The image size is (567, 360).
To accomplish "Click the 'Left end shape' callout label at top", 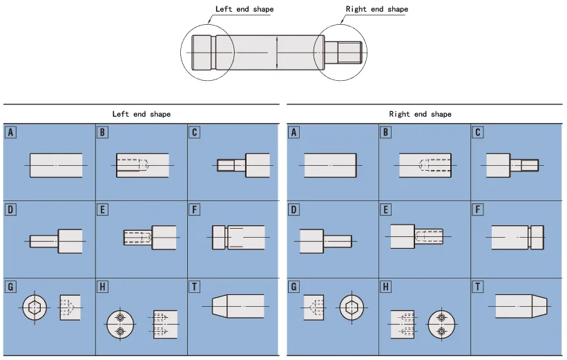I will pyautogui.click(x=244, y=9).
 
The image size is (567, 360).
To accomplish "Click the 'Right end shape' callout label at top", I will pyautogui.click(x=376, y=9).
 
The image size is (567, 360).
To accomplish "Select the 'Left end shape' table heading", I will pyautogui.click(x=142, y=114).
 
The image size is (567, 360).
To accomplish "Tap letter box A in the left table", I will pyautogui.click(x=10, y=132).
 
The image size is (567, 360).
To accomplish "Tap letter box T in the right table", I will pyautogui.click(x=478, y=285).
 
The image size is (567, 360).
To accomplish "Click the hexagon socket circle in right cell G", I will pyautogui.click(x=351, y=306).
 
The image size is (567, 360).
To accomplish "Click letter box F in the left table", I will pyautogui.click(x=195, y=209).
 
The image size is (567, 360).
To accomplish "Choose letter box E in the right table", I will pyautogui.click(x=386, y=209).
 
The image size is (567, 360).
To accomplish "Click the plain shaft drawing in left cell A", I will pyautogui.click(x=56, y=165).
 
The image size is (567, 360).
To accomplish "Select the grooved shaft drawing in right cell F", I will pyautogui.click(x=518, y=237).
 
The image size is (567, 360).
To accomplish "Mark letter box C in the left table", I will pyautogui.click(x=195, y=132).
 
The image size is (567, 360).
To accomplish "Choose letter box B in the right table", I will pyautogui.click(x=386, y=132).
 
